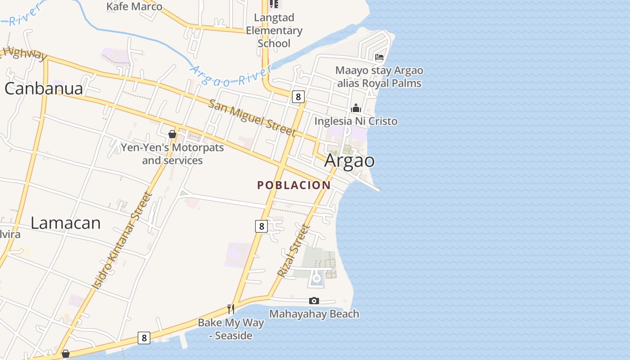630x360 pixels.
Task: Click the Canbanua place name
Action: [44, 89]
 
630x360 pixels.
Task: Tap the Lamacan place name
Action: [66, 223]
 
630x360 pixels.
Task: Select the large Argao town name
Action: [350, 161]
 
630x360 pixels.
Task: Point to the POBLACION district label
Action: [294, 185]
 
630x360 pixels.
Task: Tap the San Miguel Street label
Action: [252, 117]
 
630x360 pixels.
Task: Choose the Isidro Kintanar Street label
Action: [122, 240]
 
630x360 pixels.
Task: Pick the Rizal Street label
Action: [293, 251]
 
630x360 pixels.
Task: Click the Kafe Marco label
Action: [134, 6]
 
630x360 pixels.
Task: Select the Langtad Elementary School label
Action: [274, 31]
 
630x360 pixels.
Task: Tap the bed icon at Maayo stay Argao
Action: [379, 57]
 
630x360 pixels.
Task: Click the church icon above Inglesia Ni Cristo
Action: [356, 108]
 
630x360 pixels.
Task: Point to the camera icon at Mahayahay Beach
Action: [314, 301]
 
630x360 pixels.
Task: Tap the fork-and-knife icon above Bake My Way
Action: [231, 309]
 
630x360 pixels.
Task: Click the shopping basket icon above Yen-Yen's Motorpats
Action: [172, 134]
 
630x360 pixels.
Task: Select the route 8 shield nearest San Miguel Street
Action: [298, 96]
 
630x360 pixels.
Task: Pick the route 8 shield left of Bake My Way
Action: [144, 338]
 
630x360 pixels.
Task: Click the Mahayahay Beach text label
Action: [314, 314]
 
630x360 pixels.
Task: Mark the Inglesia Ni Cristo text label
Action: [356, 121]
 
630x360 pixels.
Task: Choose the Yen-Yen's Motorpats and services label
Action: [172, 154]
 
